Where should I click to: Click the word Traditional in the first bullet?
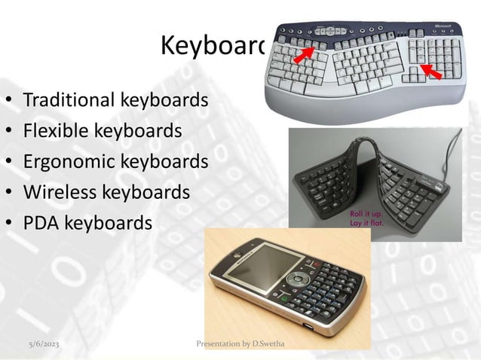pyautogui.click(x=68, y=99)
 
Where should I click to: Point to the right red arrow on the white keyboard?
pyautogui.click(x=431, y=72)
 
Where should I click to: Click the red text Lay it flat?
pyautogui.click(x=365, y=223)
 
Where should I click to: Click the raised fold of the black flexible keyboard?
pyautogui.click(x=358, y=147)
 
